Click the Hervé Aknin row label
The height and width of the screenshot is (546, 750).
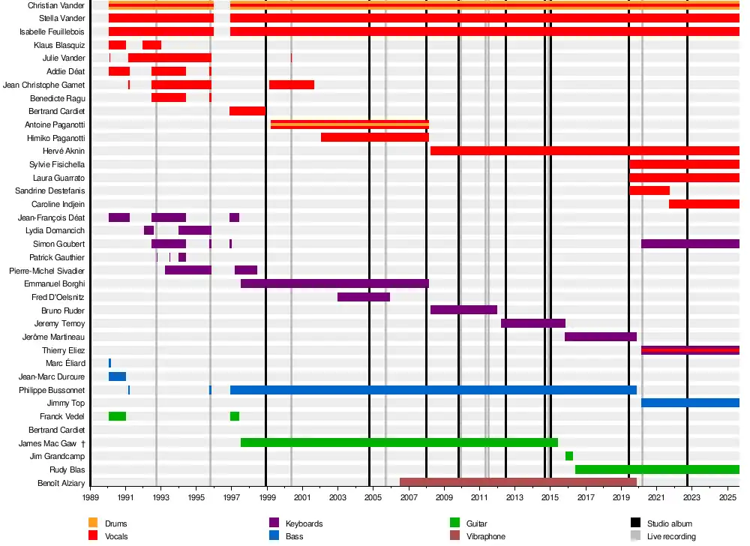(x=64, y=151)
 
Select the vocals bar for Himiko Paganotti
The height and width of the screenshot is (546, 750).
(x=374, y=137)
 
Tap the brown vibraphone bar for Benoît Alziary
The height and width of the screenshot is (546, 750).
(x=517, y=482)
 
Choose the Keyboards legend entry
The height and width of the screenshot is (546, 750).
(x=304, y=523)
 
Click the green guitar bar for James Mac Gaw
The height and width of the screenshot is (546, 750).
(x=399, y=442)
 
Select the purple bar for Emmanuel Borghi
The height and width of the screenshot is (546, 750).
(x=334, y=283)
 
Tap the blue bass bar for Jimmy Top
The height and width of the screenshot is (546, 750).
(x=690, y=403)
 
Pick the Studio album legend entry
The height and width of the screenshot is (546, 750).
(x=669, y=523)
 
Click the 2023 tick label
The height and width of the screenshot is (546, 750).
(x=691, y=497)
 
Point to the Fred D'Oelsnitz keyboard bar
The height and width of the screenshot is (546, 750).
(x=364, y=297)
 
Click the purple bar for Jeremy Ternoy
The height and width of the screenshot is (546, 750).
(x=532, y=323)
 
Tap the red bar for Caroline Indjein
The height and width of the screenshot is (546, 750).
(x=703, y=204)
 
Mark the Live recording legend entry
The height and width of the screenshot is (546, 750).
(x=671, y=536)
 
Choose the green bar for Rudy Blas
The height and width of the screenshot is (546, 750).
(x=657, y=469)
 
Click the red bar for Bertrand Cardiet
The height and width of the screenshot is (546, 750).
(x=247, y=111)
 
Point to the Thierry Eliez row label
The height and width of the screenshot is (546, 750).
(x=63, y=350)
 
